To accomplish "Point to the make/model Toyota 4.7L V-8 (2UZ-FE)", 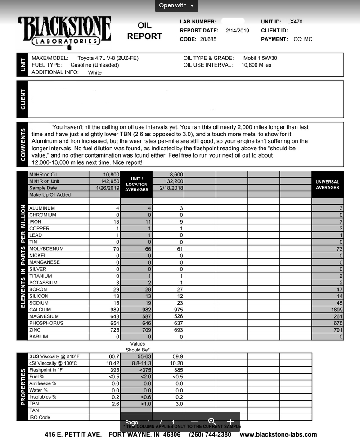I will [108, 58].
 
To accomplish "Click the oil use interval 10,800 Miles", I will [256, 65].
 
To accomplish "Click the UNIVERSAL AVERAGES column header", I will [328, 185].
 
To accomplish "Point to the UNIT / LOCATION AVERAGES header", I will [136, 184].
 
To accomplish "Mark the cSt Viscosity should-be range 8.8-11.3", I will [137, 363].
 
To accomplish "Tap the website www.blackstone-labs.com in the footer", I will [278, 434].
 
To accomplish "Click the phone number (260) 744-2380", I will [210, 434].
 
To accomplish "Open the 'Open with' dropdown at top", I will [177, 5].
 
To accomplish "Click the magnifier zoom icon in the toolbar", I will [211, 421].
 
